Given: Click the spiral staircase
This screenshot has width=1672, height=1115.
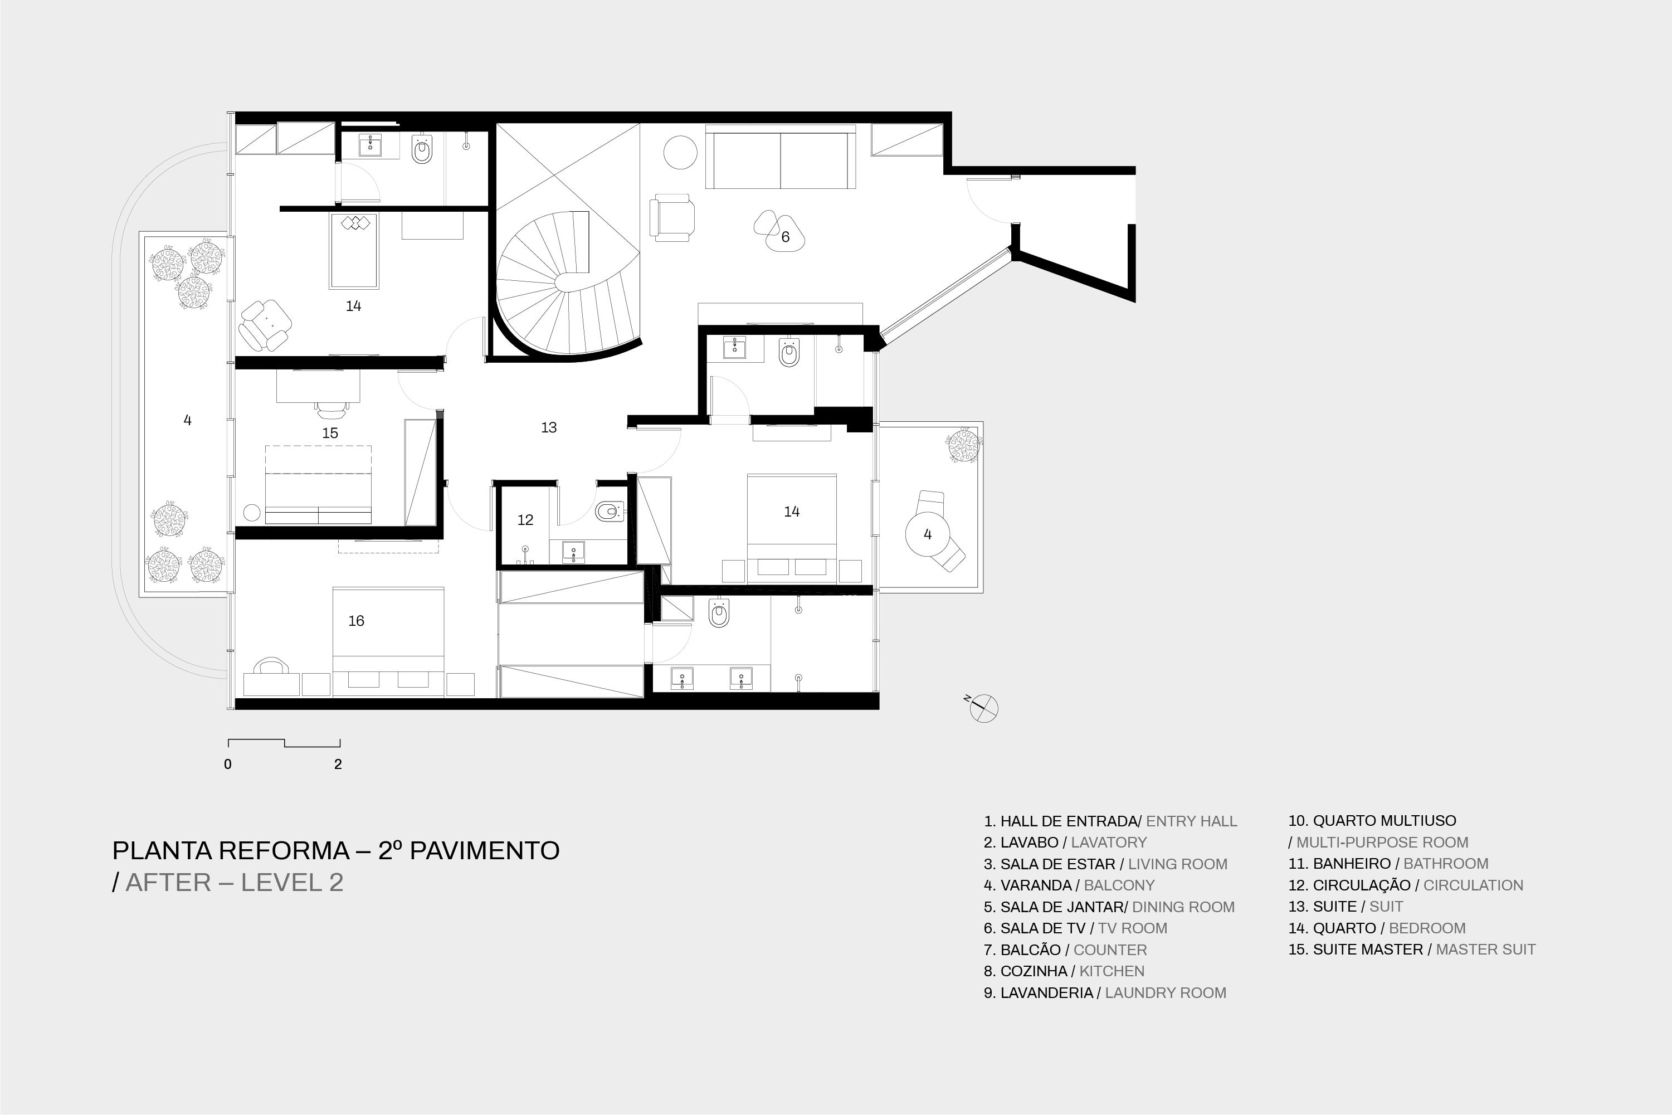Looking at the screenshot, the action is [x=569, y=284].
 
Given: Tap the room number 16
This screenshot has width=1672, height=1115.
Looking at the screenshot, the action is [x=356, y=621].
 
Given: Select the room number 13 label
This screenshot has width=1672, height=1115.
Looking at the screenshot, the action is [x=548, y=427].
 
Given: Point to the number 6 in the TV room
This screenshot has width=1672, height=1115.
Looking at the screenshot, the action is [x=786, y=237].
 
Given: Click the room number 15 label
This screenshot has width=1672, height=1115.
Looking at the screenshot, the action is [x=330, y=433].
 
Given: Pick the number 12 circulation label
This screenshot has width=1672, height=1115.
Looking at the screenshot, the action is [x=525, y=520].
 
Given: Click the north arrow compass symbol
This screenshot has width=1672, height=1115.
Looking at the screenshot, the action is [x=983, y=708].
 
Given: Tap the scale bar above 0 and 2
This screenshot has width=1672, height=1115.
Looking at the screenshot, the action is [x=284, y=743].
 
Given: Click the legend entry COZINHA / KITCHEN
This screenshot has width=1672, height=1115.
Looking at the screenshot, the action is [x=1064, y=971].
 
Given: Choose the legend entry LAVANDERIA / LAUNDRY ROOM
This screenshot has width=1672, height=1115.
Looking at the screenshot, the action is [x=1105, y=993].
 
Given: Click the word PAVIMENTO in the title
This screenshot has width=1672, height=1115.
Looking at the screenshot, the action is [x=484, y=850].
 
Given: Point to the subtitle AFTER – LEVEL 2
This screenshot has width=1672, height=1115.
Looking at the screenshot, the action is [x=235, y=883].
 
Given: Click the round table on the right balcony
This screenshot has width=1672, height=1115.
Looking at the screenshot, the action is [x=928, y=534].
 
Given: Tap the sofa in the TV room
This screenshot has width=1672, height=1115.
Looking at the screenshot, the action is [x=781, y=157].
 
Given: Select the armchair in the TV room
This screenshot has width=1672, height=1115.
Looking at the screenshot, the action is [x=672, y=218].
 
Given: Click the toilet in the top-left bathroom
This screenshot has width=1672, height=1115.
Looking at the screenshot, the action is [x=422, y=149].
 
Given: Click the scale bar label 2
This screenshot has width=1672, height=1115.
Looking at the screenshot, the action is [x=338, y=765].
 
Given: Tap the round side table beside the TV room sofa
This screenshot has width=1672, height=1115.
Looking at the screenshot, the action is [x=680, y=152].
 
